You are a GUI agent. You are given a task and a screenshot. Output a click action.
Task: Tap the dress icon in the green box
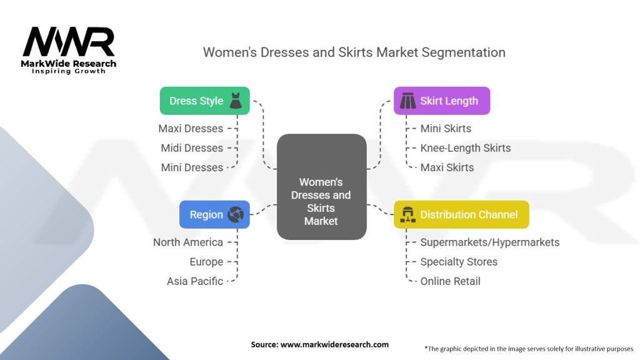236,101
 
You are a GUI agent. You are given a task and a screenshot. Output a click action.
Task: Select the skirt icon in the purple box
407,101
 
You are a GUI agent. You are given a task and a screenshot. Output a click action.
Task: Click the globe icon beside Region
236,214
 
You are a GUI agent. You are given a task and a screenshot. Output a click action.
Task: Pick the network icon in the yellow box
407,214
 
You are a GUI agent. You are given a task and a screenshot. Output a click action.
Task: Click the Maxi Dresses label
191,129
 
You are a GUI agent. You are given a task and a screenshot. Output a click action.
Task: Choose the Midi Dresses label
191,148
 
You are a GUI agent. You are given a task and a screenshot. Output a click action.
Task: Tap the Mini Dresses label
192,167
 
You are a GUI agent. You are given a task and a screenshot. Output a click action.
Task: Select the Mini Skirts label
446,129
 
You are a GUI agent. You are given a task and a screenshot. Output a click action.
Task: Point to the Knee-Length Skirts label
466,148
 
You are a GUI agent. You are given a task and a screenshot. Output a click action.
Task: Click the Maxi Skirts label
447,167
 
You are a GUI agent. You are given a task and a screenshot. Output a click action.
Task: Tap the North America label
188,242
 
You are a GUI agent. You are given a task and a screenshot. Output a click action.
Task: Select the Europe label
206,262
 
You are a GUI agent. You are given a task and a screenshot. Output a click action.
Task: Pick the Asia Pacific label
195,281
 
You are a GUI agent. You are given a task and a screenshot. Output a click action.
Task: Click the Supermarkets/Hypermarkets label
490,242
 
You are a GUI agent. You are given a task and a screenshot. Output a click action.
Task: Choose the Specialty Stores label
459,262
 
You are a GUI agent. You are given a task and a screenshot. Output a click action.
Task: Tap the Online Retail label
451,281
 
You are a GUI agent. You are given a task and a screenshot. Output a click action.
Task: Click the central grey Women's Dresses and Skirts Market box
321,186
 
